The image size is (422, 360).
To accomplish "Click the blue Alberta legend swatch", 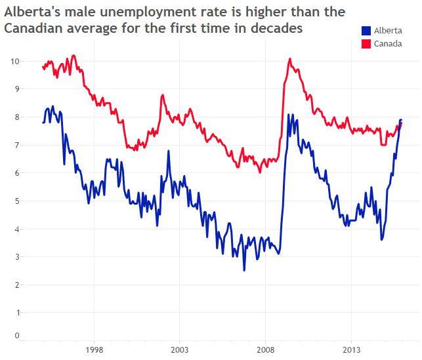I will pyautogui.click(x=366, y=31).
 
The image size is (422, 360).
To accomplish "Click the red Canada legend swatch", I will pyautogui.click(x=366, y=43).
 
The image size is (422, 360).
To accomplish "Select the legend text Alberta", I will pyautogui.click(x=387, y=31).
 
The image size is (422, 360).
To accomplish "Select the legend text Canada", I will pyautogui.click(x=387, y=43).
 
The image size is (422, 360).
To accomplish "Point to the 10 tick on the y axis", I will pyautogui.click(x=15, y=61).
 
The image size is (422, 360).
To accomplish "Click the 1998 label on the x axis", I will pyautogui.click(x=95, y=349).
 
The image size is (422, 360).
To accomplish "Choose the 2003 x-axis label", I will pyautogui.click(x=180, y=349).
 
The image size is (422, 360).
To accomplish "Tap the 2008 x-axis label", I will pyautogui.click(x=266, y=349).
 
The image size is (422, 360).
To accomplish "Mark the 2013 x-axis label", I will pyautogui.click(x=352, y=349).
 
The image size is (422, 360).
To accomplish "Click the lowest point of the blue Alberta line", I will pyautogui.click(x=244, y=270).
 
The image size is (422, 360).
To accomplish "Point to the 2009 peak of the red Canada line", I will pyautogui.click(x=289, y=59).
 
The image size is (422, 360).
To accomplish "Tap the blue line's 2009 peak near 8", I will pyautogui.click(x=289, y=115).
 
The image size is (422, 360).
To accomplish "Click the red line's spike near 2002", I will pyautogui.click(x=162, y=96).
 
